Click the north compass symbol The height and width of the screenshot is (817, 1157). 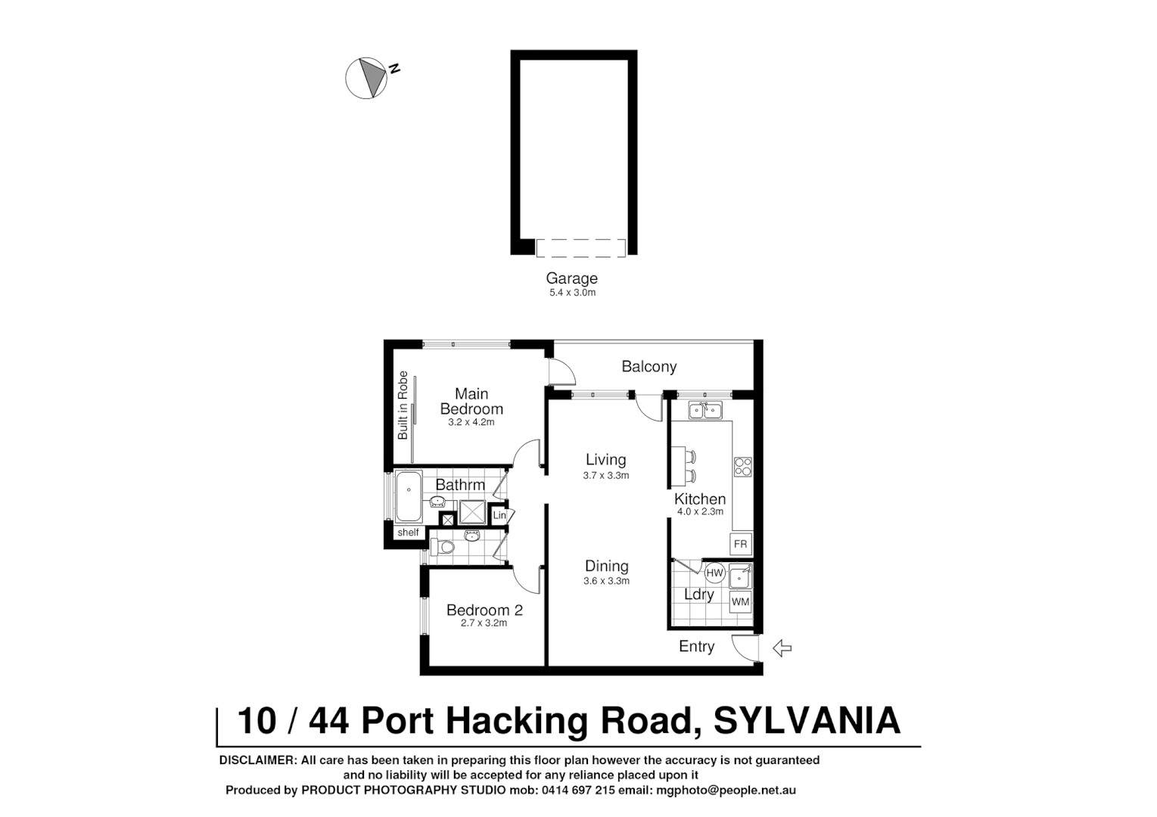367,78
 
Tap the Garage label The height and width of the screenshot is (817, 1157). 571,278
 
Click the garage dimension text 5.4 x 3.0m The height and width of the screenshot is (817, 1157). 572,293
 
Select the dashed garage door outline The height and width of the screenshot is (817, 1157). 580,248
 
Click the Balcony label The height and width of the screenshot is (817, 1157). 648,367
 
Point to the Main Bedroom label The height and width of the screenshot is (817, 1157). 471,401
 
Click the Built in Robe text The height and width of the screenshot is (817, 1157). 403,405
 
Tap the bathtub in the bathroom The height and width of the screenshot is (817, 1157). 409,496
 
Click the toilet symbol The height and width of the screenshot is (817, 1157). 442,547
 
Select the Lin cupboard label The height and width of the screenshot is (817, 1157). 499,516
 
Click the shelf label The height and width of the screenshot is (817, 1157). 408,533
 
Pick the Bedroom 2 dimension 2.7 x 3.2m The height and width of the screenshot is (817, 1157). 484,623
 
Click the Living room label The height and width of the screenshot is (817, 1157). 605,459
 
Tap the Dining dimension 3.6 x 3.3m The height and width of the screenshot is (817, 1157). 606,581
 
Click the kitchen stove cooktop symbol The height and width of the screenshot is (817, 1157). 742,467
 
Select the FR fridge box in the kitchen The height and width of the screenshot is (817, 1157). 740,544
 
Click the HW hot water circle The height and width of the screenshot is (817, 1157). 715,573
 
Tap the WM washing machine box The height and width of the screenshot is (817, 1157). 740,602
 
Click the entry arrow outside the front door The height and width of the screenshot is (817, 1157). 782,648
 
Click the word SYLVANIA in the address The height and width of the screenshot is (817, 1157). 807,720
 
